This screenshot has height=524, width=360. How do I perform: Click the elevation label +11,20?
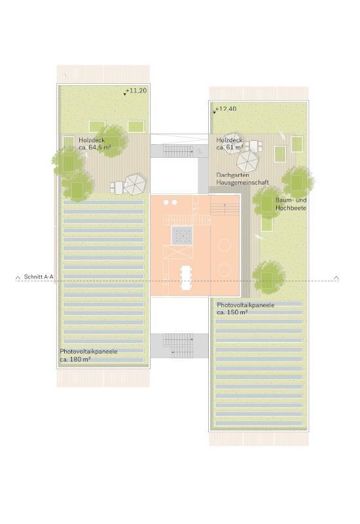(x=136, y=90)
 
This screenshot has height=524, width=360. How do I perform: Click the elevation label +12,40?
(x=226, y=109)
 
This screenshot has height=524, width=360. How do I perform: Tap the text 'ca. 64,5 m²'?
(x=95, y=147)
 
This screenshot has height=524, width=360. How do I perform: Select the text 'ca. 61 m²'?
(x=230, y=147)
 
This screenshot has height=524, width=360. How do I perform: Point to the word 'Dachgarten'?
(x=232, y=175)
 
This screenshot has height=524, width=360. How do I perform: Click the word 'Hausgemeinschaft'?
(x=242, y=183)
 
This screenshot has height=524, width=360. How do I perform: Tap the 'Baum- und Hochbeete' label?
(x=291, y=204)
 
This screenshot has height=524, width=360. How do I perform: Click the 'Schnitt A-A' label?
(x=39, y=276)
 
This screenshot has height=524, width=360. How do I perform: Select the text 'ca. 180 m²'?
(x=75, y=360)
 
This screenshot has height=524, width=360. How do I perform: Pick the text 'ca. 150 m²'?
(x=232, y=312)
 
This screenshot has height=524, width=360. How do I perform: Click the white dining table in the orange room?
(x=186, y=278)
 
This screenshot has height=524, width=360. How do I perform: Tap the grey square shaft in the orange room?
(x=182, y=236)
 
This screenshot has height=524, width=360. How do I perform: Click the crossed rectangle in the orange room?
(x=178, y=252)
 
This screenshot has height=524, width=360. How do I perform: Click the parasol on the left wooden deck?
(x=135, y=184)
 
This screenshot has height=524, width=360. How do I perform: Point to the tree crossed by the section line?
(x=268, y=277)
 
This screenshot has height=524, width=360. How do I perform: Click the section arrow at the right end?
(x=336, y=278)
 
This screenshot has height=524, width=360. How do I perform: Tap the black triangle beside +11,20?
(x=124, y=94)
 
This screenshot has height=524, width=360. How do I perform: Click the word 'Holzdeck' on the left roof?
(x=92, y=140)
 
